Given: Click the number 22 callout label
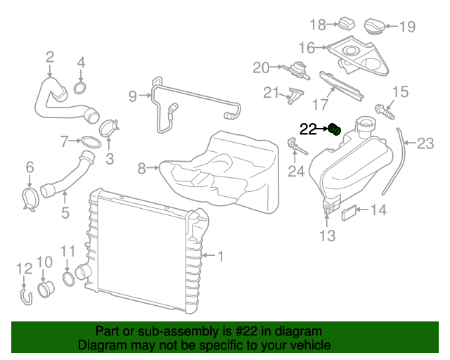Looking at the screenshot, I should [x=309, y=129].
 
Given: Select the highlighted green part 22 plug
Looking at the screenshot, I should [x=335, y=129].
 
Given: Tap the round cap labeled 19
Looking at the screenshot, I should [x=377, y=26].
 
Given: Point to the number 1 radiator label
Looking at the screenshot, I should [x=220, y=257].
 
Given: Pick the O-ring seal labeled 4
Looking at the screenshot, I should [x=81, y=89].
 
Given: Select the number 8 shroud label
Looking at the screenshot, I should [x=141, y=168].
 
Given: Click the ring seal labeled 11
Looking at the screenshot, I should [x=69, y=281].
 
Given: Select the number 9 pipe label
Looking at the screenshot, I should [x=132, y=96].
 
